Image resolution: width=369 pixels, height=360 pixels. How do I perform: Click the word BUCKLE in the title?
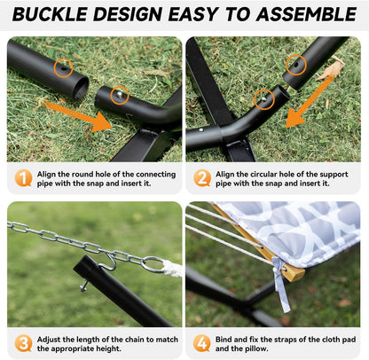click(x=56, y=15)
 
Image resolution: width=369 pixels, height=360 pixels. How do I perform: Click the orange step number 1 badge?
click(x=24, y=177)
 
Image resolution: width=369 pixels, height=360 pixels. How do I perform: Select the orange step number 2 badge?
click(x=203, y=177)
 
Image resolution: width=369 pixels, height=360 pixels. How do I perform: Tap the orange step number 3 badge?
click(x=24, y=343)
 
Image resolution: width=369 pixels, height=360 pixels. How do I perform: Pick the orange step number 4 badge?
click(x=203, y=343)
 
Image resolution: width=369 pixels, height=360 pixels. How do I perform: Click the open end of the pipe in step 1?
click(x=80, y=86)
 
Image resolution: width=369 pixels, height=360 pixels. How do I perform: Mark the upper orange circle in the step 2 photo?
click(x=297, y=64)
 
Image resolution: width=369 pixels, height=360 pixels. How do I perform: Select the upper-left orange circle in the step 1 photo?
click(x=62, y=67)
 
